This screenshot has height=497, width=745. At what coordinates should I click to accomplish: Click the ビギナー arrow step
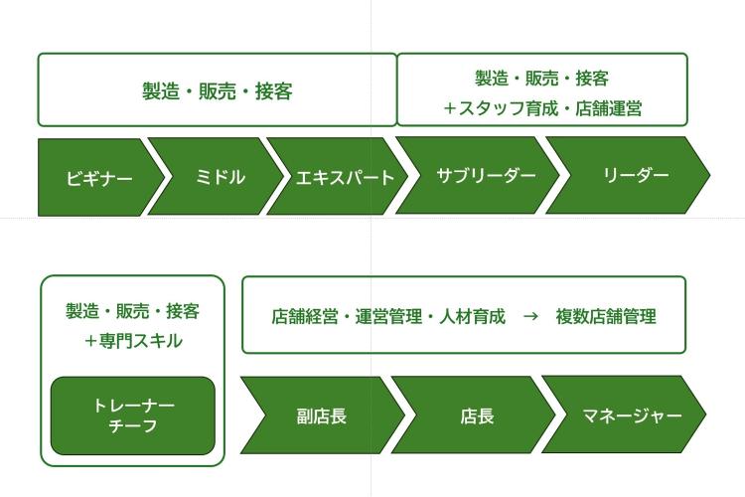tap(98, 177)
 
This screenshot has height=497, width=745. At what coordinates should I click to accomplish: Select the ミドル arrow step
tap(217, 177)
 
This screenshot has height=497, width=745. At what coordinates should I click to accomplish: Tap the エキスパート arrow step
tap(339, 177)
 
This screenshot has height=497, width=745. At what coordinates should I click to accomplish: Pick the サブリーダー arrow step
tap(479, 175)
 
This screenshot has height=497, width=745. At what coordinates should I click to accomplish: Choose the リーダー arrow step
tap(628, 175)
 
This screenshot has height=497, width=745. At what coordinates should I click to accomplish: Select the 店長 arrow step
tap(474, 414)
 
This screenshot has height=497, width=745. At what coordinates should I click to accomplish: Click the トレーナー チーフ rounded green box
tap(133, 415)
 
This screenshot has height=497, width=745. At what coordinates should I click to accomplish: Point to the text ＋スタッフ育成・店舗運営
tap(542, 108)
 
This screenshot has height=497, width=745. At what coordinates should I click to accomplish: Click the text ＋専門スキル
tap(133, 341)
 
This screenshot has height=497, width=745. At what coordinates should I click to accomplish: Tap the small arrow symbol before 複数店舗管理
tap(530, 316)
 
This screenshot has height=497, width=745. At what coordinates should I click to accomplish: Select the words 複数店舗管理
tap(606, 316)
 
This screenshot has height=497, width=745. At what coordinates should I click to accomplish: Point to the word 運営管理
tap(388, 316)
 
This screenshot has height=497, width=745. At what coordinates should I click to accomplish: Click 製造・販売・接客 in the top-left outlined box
tap(218, 90)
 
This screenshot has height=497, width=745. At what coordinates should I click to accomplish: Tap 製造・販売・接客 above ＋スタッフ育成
tap(542, 79)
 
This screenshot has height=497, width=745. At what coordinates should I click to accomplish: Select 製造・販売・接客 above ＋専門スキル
tap(132, 311)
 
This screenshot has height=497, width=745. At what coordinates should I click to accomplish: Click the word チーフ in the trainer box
tap(133, 425)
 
